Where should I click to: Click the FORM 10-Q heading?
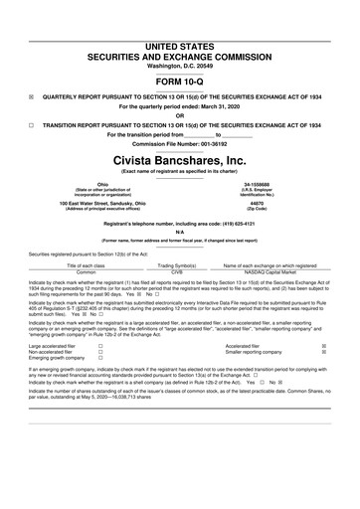(x=180, y=55)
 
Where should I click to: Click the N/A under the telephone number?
(x=180, y=236)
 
